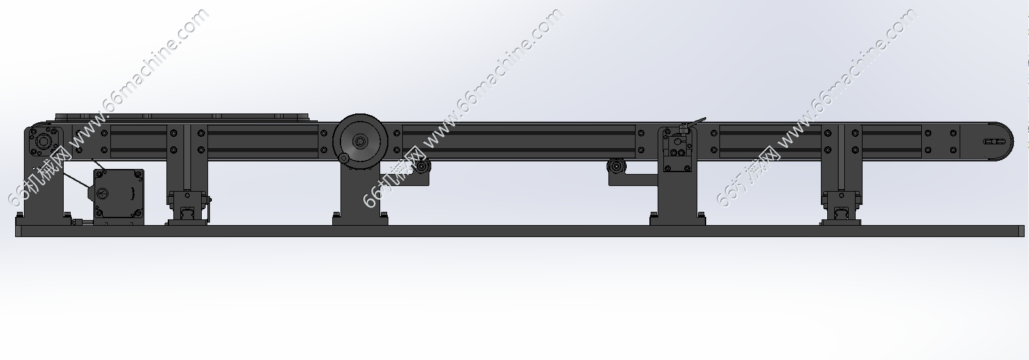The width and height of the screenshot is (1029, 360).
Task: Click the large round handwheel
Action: (359, 141)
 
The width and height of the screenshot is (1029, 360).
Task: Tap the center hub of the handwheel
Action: (359, 141)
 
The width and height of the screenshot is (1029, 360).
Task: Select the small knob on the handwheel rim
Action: (343, 158)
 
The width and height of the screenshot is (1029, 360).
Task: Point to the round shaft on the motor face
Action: (102, 194)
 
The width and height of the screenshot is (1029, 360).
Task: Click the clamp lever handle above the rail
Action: (693, 123)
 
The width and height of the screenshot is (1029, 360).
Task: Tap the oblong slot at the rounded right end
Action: (994, 141)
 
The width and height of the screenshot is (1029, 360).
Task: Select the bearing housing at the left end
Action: (43, 141)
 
